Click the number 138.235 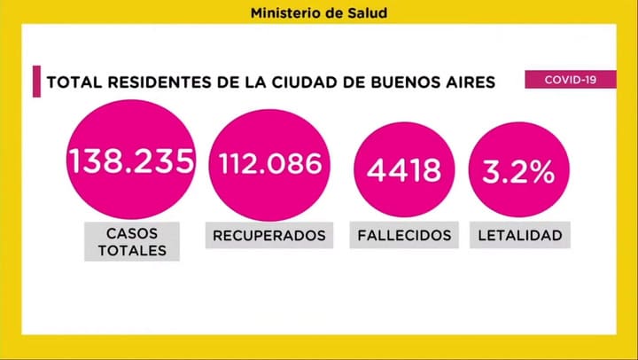click(131, 162)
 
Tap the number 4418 click(404, 168)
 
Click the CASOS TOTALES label click(131, 240)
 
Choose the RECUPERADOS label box click(269, 235)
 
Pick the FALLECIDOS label click(404, 235)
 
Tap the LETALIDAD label click(519, 235)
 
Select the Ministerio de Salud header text click(318, 13)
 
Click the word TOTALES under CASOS click(131, 250)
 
